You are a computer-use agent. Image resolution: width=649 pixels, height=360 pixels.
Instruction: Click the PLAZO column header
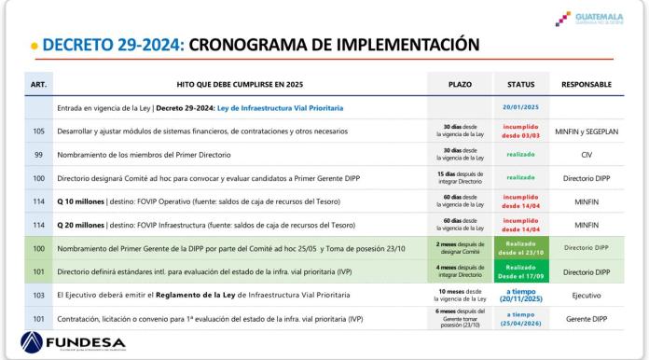pyautogui.click(x=459, y=85)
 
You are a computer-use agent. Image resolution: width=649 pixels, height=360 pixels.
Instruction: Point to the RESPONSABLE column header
pyautogui.click(x=587, y=85)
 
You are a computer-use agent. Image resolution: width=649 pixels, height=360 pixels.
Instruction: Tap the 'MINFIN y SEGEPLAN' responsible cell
pyautogui.click(x=587, y=132)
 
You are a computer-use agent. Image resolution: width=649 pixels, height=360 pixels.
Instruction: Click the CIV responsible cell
pyautogui.click(x=587, y=154)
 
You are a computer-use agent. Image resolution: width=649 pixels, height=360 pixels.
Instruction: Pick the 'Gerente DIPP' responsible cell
pyautogui.click(x=587, y=318)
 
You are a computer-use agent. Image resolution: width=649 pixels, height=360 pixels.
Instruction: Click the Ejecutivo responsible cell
pyautogui.click(x=587, y=296)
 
